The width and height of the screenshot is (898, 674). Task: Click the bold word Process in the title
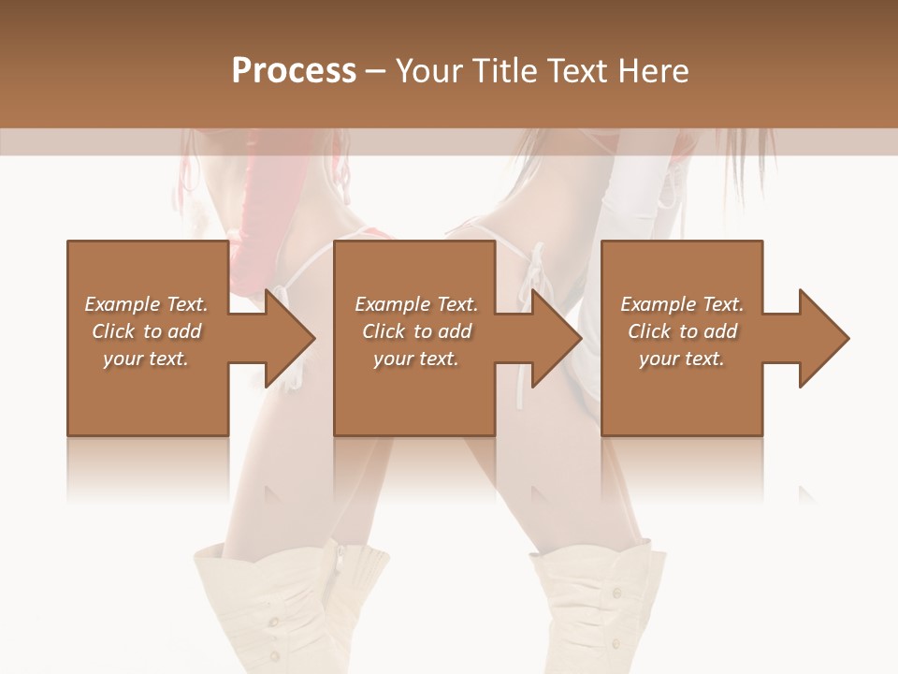tap(294, 70)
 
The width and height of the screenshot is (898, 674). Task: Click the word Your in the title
tap(429, 70)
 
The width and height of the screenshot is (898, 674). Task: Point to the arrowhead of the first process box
tap(289, 338)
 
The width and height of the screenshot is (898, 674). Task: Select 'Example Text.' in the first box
tap(146, 304)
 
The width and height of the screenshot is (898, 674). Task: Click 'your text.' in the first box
tap(146, 359)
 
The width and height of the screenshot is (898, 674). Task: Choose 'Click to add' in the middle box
tap(416, 331)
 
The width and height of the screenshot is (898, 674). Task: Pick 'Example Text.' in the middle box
tap(416, 304)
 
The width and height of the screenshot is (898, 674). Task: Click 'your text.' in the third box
tap(682, 359)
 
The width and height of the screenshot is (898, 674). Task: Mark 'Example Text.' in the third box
tap(682, 304)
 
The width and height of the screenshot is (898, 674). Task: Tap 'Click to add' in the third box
tap(682, 331)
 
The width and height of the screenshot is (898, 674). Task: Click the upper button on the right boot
tap(615, 592)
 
